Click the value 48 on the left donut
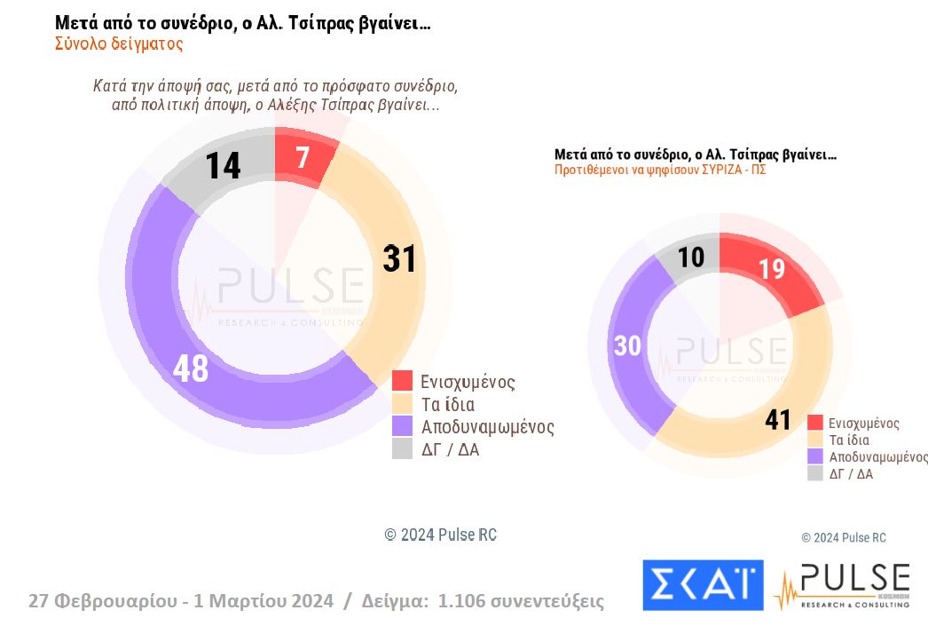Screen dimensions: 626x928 point(191,368)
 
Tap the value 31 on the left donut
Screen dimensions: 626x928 point(399,258)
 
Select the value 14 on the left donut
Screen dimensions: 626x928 point(223,166)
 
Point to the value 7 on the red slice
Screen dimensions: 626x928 point(303,158)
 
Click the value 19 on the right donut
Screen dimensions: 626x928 point(772,269)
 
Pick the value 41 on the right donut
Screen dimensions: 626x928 point(777,419)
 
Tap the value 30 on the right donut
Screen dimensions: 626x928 point(627,345)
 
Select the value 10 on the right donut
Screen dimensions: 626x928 point(691,257)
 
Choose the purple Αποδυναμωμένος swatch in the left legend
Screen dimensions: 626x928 point(403,427)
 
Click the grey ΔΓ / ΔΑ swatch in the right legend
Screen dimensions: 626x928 point(814,474)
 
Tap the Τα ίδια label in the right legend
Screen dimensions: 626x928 point(848,440)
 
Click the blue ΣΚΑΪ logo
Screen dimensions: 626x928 point(702,585)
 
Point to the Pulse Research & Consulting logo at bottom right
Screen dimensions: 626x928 point(842,585)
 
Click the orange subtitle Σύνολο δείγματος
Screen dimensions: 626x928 point(119,44)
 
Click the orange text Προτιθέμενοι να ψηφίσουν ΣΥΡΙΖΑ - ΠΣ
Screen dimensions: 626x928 point(660,170)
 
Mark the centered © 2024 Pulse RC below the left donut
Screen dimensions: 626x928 point(440,535)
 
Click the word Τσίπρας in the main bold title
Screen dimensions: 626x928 point(306,24)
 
